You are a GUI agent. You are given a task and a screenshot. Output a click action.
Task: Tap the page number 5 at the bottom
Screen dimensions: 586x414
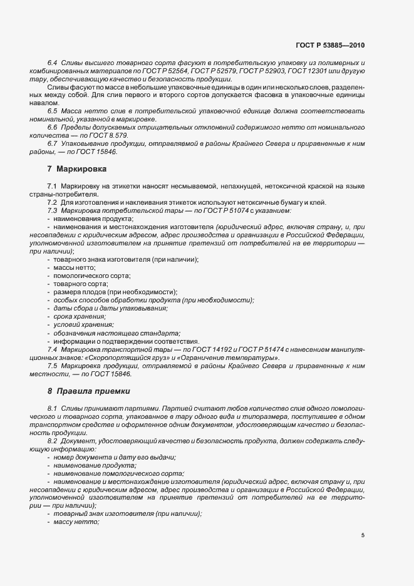click(x=363, y=535)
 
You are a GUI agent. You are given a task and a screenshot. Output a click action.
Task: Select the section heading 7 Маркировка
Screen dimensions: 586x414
click(x=77, y=169)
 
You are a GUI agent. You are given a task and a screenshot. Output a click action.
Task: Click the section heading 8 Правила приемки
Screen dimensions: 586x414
click(x=89, y=391)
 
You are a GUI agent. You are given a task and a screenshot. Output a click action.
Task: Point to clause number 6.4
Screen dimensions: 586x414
click(x=53, y=64)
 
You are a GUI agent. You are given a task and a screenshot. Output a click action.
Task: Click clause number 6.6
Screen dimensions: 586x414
click(x=53, y=127)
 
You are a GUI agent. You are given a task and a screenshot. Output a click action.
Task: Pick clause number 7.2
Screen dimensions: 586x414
click(x=53, y=202)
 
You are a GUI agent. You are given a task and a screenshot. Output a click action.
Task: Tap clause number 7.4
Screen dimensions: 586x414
click(x=53, y=349)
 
